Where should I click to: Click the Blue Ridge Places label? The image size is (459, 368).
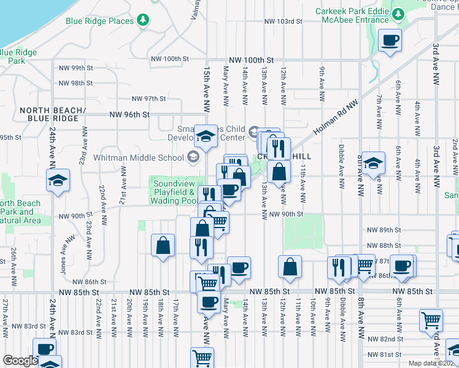click(99, 21)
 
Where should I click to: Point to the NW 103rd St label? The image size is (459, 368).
click(283, 21)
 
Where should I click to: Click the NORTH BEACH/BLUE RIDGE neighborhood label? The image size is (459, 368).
click(51, 115)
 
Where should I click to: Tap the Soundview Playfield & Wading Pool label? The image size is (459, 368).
click(174, 192)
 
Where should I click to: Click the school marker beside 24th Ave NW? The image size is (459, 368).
click(58, 181)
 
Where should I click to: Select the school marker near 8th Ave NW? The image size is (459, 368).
click(372, 164)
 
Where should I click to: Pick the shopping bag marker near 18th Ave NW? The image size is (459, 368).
click(163, 247)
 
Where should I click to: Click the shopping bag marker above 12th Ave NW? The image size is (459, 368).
click(290, 267)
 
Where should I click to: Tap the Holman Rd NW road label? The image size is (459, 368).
click(334, 117)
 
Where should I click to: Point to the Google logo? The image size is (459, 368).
click(20, 361)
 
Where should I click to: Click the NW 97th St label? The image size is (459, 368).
click(149, 99)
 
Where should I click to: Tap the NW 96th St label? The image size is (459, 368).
click(129, 114)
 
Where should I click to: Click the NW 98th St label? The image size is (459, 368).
click(77, 83)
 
